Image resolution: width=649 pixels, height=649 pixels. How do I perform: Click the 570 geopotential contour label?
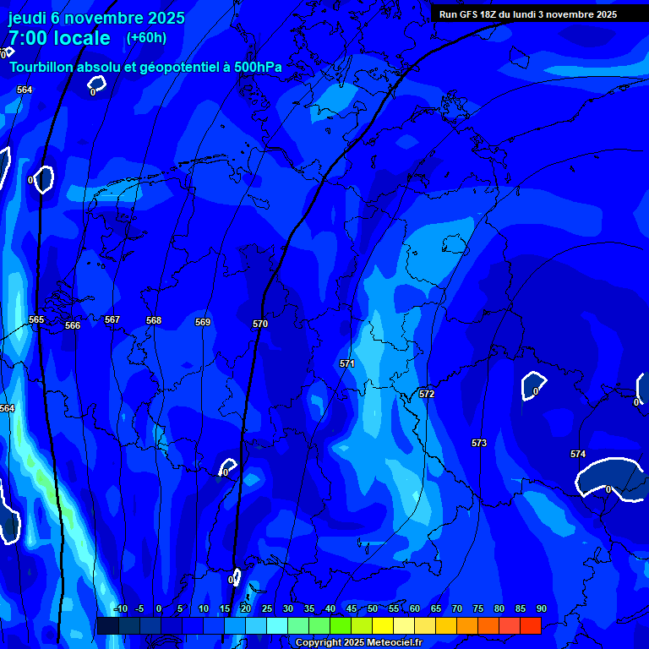point(260,324)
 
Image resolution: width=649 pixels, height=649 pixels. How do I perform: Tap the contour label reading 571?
point(347,363)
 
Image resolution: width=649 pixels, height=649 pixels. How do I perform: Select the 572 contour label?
point(427,394)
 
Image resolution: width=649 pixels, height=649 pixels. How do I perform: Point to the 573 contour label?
point(479,443)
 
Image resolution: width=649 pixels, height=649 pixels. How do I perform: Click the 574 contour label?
point(578,454)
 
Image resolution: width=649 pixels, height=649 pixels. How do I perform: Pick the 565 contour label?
point(36,319)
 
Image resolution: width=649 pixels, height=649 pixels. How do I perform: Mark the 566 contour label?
point(73,325)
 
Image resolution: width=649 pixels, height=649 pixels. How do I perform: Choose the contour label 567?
point(112,319)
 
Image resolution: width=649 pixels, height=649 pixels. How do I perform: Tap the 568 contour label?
point(154,320)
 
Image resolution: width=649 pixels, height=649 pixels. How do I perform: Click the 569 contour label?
point(203,322)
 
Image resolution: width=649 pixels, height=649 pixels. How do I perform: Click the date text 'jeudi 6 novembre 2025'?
point(96,18)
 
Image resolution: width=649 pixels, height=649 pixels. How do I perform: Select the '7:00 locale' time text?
point(59,38)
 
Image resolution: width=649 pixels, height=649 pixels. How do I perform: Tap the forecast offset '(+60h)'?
point(146,38)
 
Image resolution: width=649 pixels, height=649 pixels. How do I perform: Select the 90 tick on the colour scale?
point(541,608)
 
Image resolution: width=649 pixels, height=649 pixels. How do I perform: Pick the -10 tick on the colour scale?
point(120,608)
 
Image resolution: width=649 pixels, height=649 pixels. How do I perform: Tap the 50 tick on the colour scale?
point(372,608)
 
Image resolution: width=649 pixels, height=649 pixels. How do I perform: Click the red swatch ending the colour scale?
point(530,625)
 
